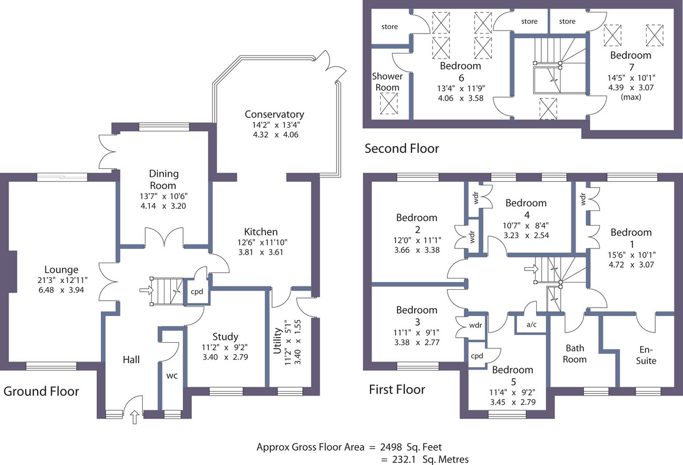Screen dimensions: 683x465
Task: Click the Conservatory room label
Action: point(274,114)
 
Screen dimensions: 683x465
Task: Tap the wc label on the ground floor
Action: point(172,376)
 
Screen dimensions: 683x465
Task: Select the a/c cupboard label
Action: point(531,325)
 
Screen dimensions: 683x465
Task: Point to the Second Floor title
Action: point(402,148)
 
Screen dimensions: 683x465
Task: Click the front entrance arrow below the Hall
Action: point(135,417)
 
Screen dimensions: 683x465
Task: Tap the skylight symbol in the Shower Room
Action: point(389,103)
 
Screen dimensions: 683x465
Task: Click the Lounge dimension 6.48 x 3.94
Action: point(61,290)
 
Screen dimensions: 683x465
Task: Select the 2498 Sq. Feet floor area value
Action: point(411,447)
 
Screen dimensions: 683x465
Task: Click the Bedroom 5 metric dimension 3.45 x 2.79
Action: point(513,402)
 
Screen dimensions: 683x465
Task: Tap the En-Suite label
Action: point(646,355)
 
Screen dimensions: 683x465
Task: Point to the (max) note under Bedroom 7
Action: point(631,97)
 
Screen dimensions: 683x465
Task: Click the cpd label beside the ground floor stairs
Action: point(197,292)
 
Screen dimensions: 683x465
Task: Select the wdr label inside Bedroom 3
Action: point(475,325)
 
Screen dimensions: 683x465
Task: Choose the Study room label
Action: point(225,337)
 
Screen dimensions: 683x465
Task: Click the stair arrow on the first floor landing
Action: point(532,269)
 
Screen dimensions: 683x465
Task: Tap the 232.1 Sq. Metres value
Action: point(430,459)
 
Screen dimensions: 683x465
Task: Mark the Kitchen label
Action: point(261,232)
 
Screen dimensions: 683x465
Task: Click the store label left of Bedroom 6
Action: point(390,27)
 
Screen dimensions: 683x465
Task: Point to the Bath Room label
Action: point(575,354)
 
